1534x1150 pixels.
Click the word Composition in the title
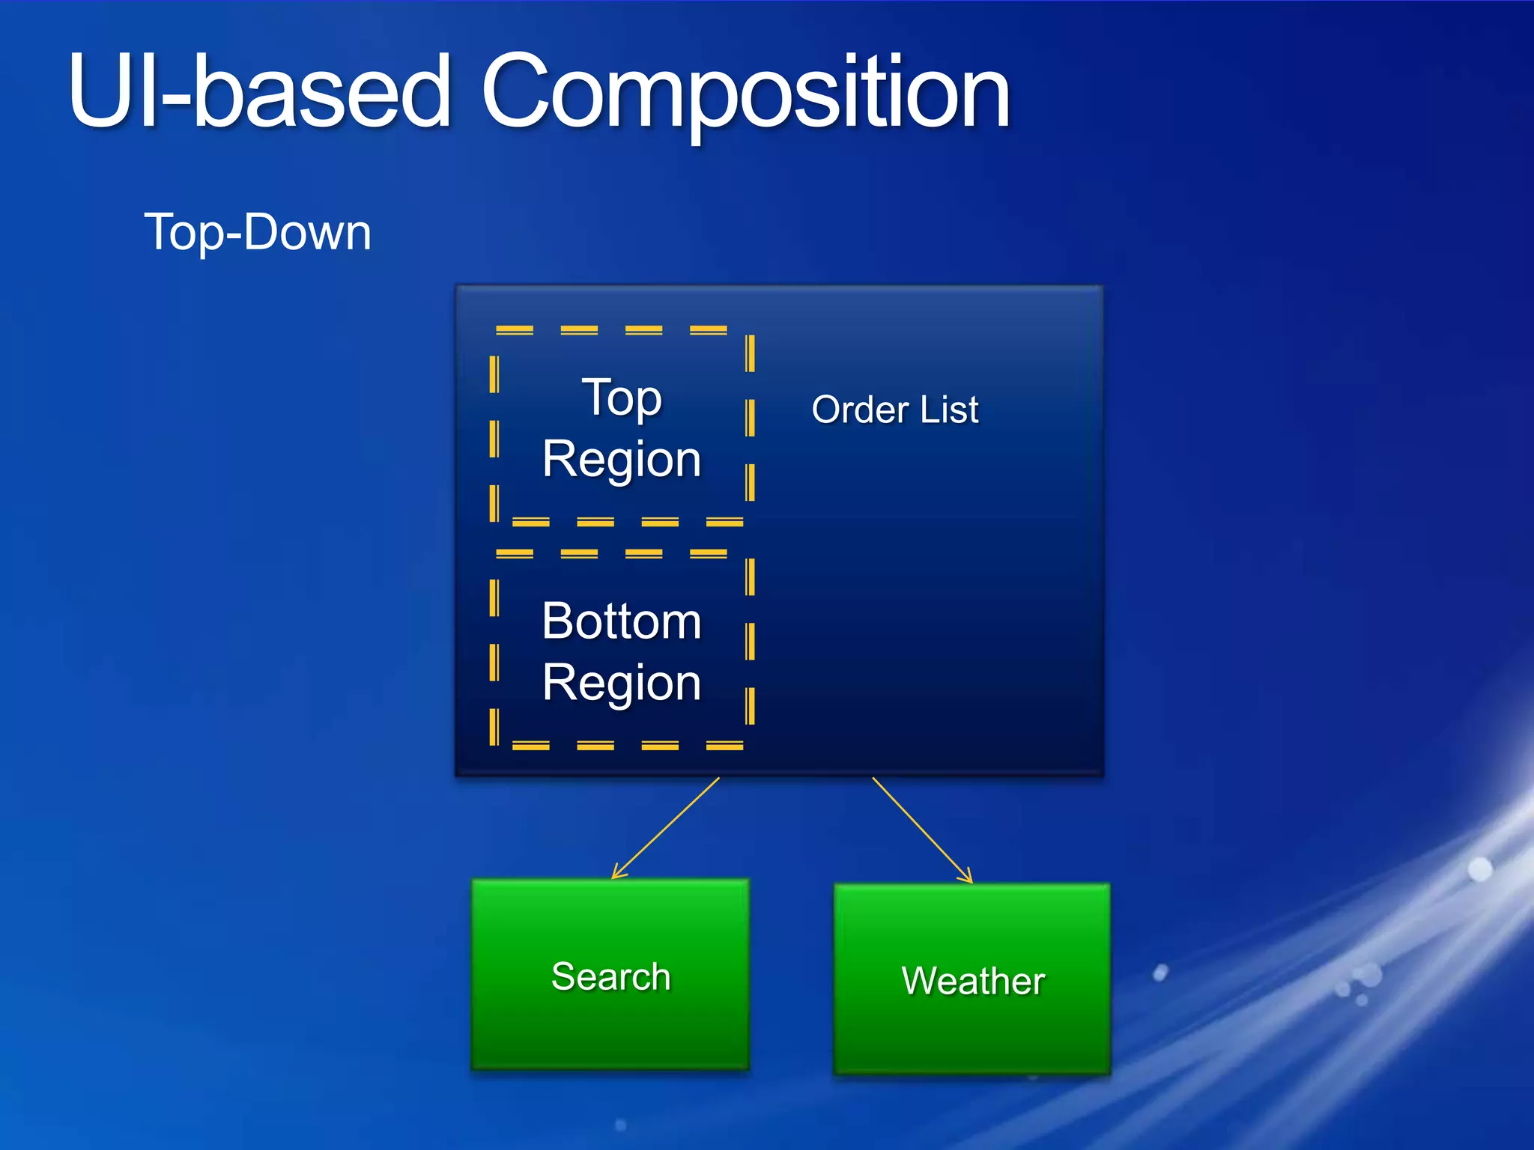coord(745,94)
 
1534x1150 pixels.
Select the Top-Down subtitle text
coord(257,232)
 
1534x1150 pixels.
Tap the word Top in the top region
coord(622,398)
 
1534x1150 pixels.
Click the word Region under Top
coord(622,459)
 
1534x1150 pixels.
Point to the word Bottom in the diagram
coord(622,621)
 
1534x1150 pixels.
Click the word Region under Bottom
coord(622,683)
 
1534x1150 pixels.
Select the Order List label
coord(895,410)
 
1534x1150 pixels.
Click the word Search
coord(610,976)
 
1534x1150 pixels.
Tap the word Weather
coord(973,981)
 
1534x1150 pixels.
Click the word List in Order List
coord(949,410)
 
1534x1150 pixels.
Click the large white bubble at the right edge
coord(1480,869)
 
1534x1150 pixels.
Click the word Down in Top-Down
coord(308,232)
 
